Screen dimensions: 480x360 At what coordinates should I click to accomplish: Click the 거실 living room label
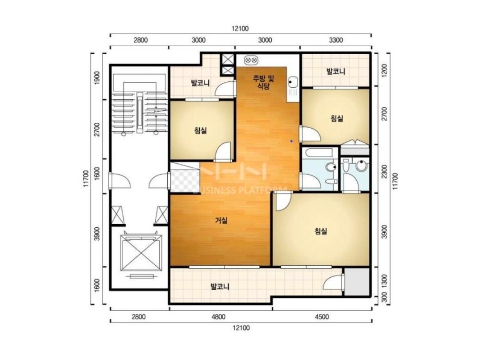click(x=222, y=220)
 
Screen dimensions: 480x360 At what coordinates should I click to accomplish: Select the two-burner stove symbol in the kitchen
click(x=252, y=60)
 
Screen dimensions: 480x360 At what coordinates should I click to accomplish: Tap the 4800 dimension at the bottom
click(x=218, y=317)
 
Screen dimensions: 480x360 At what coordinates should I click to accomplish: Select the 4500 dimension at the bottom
click(x=322, y=317)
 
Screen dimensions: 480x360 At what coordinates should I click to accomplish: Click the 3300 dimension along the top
click(x=336, y=40)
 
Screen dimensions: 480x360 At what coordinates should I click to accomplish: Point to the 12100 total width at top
click(x=240, y=29)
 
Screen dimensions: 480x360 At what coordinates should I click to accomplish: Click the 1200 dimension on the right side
click(x=385, y=70)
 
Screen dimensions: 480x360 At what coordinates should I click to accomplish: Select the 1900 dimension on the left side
click(x=97, y=78)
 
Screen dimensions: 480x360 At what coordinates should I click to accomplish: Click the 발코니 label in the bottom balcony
click(x=220, y=287)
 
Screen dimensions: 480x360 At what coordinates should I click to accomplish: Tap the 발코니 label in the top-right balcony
click(x=336, y=72)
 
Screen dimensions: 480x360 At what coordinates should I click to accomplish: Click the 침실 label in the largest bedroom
click(x=321, y=231)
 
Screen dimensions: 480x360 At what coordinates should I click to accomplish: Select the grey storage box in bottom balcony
click(x=357, y=282)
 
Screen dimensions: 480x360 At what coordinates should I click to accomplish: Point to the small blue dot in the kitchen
click(x=291, y=141)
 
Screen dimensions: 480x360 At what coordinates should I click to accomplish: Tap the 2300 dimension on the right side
click(x=385, y=171)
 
